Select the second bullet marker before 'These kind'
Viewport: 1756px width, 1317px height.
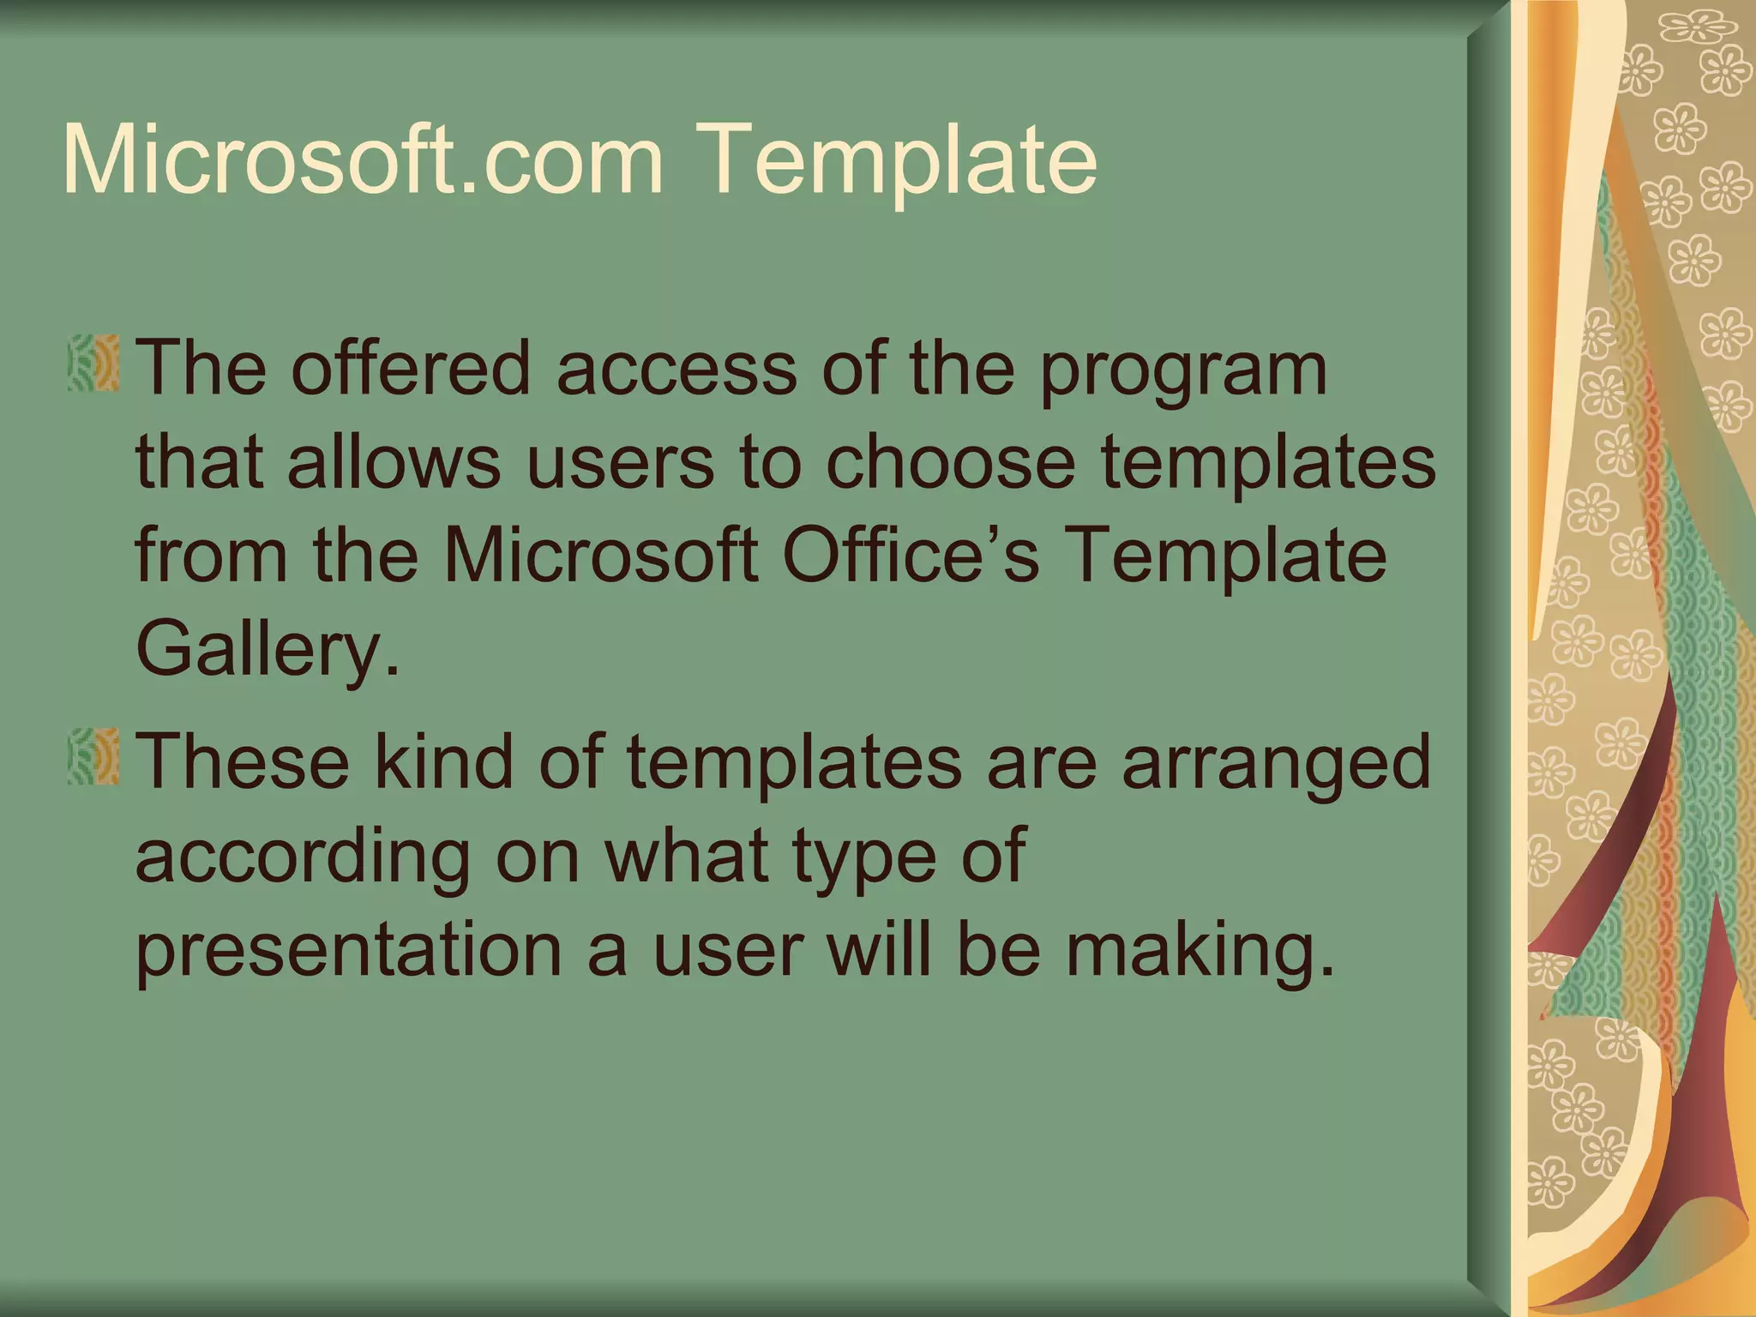pyautogui.click(x=93, y=757)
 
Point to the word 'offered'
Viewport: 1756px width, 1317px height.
pyautogui.click(x=411, y=368)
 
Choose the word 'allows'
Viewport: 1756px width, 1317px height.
pyautogui.click(x=394, y=462)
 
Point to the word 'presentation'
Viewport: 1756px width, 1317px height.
pyautogui.click(x=348, y=952)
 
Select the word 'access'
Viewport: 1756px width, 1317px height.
pyautogui.click(x=677, y=370)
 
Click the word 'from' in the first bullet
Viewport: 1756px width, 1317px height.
pyautogui.click(x=211, y=556)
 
